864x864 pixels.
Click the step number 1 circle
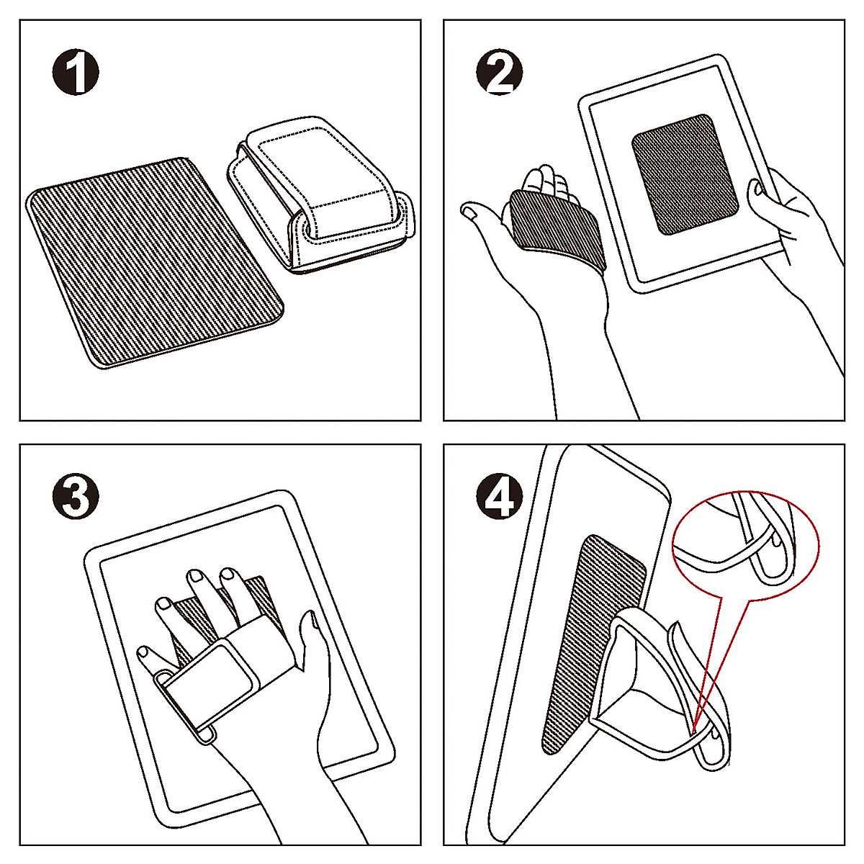pyautogui.click(x=76, y=73)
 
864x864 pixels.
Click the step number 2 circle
pyautogui.click(x=500, y=73)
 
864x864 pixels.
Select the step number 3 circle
pyautogui.click(x=76, y=496)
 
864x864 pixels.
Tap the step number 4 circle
pyautogui.click(x=500, y=496)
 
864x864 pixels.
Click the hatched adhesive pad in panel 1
pyautogui.click(x=155, y=263)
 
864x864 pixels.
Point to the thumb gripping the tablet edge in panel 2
pyautogui.click(x=756, y=193)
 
